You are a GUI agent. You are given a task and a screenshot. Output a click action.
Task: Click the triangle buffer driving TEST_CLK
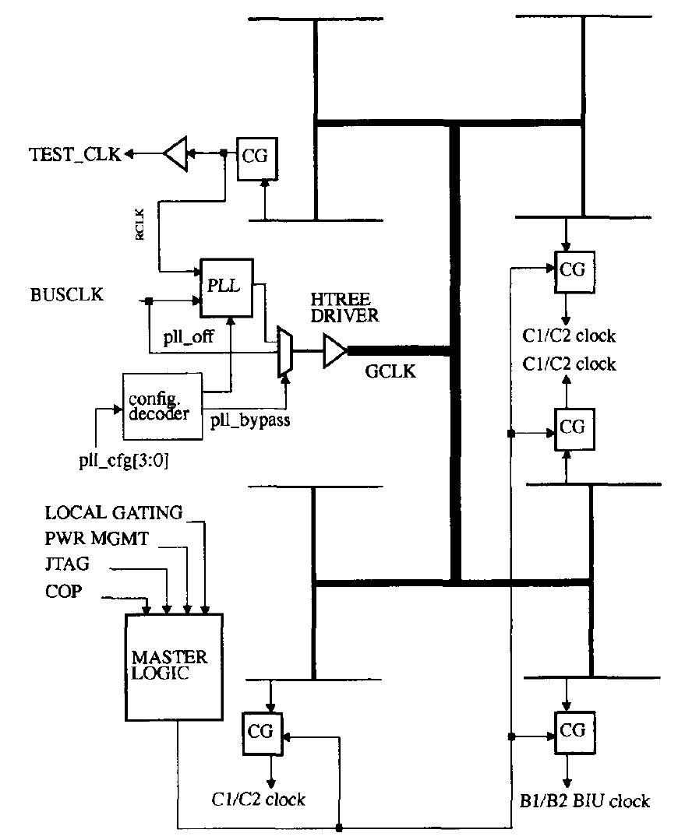177,154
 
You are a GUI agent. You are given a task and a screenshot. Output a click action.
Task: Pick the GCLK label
390,372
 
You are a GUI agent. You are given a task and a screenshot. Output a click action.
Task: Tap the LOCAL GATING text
113,512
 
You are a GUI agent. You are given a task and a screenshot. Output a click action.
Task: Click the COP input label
63,593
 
